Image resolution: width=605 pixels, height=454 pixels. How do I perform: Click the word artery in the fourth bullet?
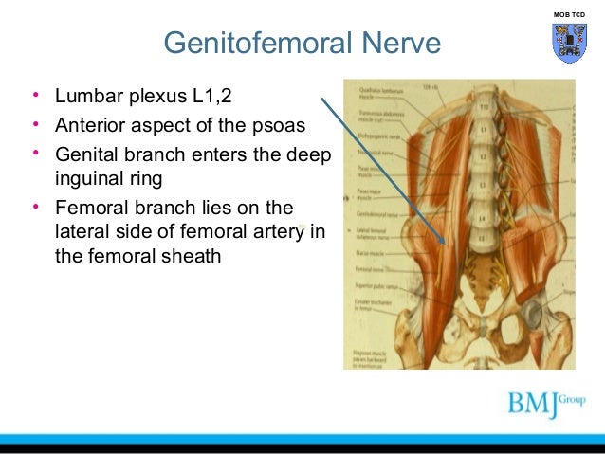click(289, 229)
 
